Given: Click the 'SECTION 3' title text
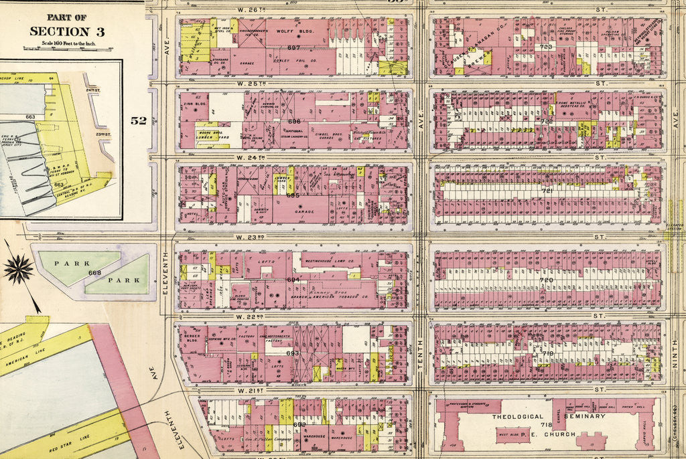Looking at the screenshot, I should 66,31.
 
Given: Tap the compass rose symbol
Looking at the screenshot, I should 18,269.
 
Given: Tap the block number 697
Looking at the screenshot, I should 293,48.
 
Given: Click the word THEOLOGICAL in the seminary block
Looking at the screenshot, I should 517,416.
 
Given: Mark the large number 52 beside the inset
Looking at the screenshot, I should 139,120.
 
